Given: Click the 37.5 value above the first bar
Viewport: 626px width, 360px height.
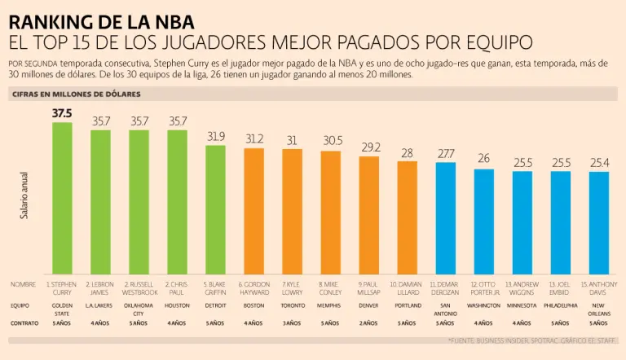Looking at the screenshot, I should click(62, 114).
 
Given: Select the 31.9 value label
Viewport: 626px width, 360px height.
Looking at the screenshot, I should click(215, 136).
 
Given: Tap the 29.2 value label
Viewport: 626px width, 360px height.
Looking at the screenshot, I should click(369, 147).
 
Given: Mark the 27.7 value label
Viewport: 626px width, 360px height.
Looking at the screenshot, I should click(446, 153).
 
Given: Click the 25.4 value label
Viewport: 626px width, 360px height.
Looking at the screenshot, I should click(599, 163).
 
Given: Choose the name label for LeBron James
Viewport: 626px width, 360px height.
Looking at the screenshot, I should click(100, 288).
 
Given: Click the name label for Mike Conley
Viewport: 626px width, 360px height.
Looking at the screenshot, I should click(331, 288).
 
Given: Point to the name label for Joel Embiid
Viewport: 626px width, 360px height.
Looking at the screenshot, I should click(561, 288).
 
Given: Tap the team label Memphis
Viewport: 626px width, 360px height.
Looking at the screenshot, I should click(331, 305).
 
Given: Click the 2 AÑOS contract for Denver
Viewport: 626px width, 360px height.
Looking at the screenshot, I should click(369, 323).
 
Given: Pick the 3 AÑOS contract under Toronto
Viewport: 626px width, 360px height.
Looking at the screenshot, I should click(292, 323).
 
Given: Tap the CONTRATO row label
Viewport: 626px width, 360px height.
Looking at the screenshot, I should click(24, 323).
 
